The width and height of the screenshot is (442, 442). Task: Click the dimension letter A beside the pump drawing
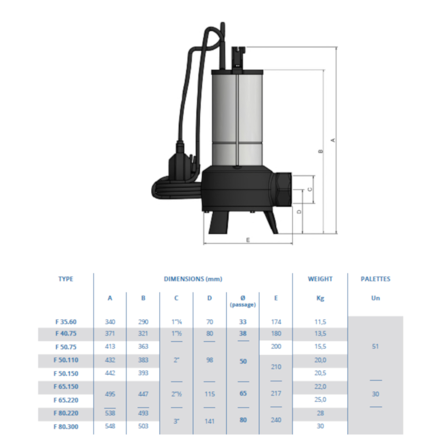coord(333,140)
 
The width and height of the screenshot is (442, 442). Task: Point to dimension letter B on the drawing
coord(320,151)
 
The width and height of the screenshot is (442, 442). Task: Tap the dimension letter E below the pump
coord(248,240)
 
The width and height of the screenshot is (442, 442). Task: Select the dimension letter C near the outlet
coord(310,190)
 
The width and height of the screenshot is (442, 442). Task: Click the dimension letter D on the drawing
coord(299,212)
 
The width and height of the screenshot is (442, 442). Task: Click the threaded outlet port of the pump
coord(282,190)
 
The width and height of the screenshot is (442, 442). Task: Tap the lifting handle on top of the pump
coord(238,57)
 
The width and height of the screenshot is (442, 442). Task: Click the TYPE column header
coord(66,279)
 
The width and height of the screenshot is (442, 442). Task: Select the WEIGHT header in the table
coord(320,279)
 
